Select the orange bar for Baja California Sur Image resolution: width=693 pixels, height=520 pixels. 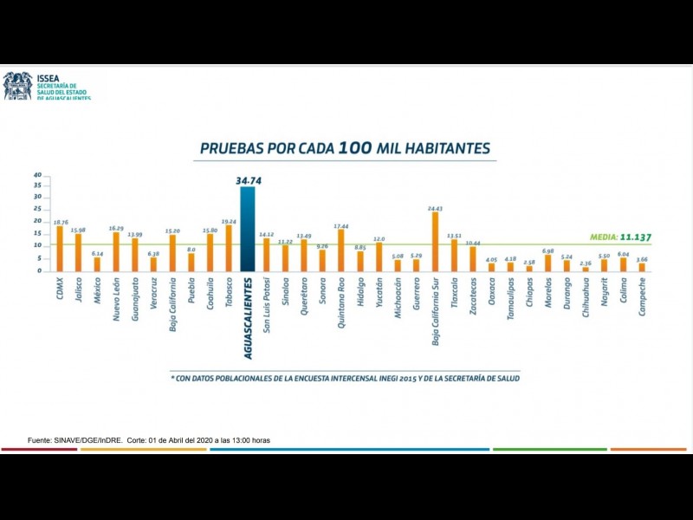click(x=435, y=242)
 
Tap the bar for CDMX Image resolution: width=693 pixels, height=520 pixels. click(x=59, y=249)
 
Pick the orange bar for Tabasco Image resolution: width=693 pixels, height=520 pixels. click(x=229, y=248)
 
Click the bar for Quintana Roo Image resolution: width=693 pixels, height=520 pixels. click(x=341, y=250)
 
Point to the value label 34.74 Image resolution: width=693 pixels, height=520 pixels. click(x=248, y=180)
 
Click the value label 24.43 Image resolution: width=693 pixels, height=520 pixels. click(x=435, y=208)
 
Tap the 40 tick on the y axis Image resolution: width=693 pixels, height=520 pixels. click(x=37, y=175)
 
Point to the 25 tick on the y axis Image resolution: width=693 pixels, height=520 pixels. click(x=37, y=209)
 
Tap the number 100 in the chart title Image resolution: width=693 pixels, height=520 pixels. click(x=354, y=148)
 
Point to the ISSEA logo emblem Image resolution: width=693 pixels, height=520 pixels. click(x=16, y=86)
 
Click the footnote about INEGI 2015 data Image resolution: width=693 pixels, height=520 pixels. click(x=345, y=378)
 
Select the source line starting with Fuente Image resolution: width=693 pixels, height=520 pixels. click(x=149, y=440)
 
